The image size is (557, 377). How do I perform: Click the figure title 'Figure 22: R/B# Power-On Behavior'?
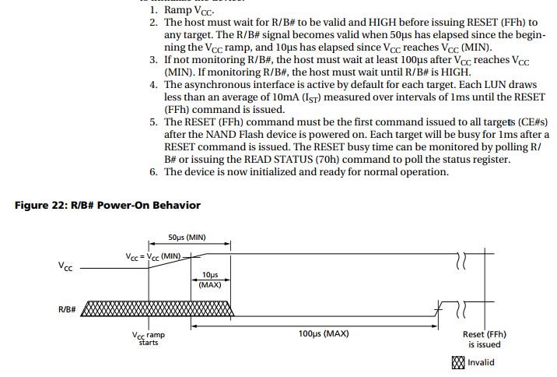[x=107, y=206]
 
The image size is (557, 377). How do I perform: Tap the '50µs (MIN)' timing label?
[x=187, y=237]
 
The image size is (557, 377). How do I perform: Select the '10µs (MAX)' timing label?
[x=210, y=280]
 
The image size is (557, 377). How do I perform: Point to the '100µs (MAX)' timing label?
[x=323, y=333]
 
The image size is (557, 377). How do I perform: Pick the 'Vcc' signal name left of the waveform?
[x=66, y=266]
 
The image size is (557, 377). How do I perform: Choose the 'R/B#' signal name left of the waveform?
[x=67, y=309]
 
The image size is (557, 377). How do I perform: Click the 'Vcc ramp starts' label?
[x=148, y=339]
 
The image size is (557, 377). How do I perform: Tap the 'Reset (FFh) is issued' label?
[x=482, y=339]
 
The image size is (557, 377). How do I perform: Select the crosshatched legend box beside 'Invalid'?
[x=458, y=362]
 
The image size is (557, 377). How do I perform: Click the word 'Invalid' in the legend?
[x=482, y=362]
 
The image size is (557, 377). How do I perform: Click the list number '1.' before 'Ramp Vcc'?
[x=153, y=10]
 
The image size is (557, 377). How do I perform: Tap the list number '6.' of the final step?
[x=153, y=172]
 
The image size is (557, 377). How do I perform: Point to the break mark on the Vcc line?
[x=461, y=260]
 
